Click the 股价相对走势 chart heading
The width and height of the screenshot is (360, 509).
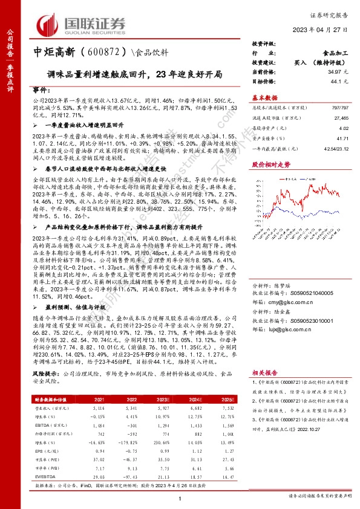click(267, 164)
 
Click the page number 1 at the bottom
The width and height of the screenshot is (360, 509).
click(180, 498)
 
